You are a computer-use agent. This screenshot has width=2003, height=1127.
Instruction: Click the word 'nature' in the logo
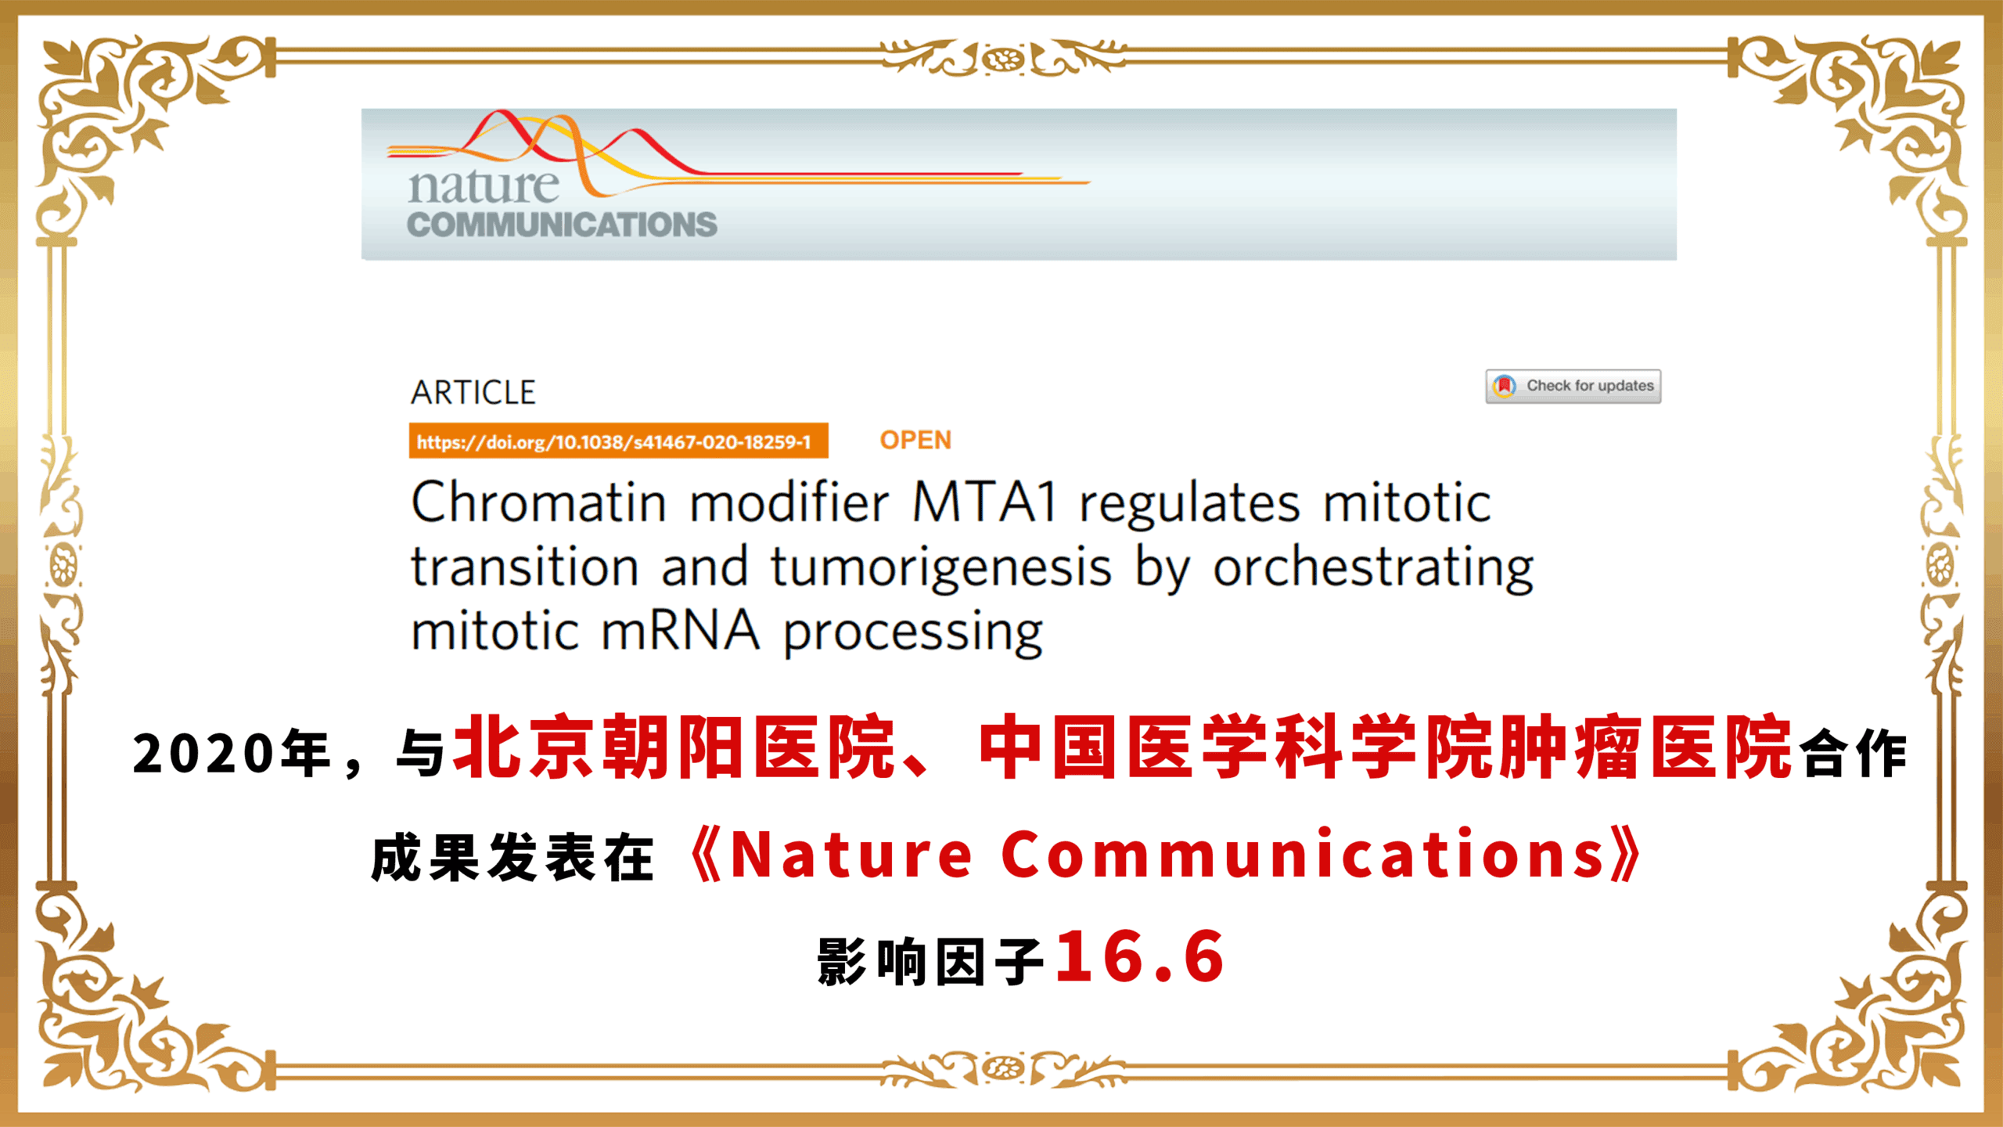coord(484,186)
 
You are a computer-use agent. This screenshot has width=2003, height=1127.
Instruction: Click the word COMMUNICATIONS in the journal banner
coord(562,225)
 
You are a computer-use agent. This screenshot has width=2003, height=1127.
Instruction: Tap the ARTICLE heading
coord(473,392)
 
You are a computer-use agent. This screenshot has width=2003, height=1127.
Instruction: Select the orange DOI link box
coord(618,441)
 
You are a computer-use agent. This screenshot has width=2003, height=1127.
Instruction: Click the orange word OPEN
coord(915,440)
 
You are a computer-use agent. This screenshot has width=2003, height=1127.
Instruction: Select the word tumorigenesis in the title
coord(941,568)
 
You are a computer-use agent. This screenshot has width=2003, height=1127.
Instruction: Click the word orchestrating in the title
coord(1373,568)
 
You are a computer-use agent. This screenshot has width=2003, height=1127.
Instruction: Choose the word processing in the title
coord(914,634)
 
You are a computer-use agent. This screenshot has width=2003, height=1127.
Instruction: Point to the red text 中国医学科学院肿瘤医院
coord(1386,747)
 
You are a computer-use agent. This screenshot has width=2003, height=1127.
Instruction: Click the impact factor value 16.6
coord(1140,956)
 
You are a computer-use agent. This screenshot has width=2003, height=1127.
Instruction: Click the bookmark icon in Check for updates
coord(1504,386)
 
